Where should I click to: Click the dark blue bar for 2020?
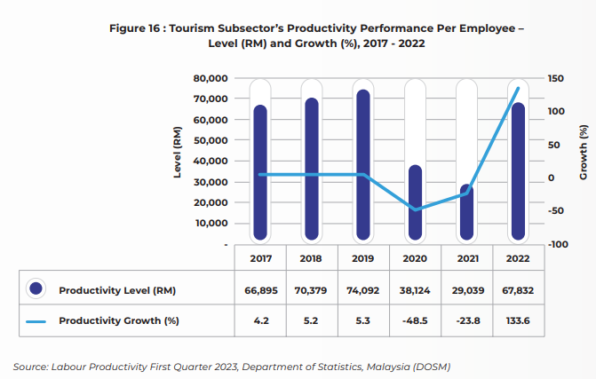(415, 202)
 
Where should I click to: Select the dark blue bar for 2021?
(467, 212)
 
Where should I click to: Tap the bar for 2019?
(363, 165)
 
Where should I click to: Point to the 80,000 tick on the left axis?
(211, 79)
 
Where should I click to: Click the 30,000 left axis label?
(211, 182)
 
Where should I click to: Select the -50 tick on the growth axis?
(556, 210)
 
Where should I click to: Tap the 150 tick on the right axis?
(555, 79)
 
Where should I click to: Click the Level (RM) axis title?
(177, 152)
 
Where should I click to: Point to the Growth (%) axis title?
(583, 153)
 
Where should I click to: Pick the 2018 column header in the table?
(311, 258)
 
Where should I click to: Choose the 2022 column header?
(518, 258)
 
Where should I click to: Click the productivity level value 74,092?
(363, 290)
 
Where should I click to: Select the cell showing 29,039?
(468, 290)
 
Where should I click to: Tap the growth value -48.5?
(415, 321)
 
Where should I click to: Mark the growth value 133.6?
(518, 321)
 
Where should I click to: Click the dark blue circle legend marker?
(36, 288)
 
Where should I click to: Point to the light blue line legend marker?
(36, 321)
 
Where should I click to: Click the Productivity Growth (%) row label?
(119, 321)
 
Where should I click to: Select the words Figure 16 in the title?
(134, 28)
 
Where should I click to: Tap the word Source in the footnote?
(31, 367)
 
